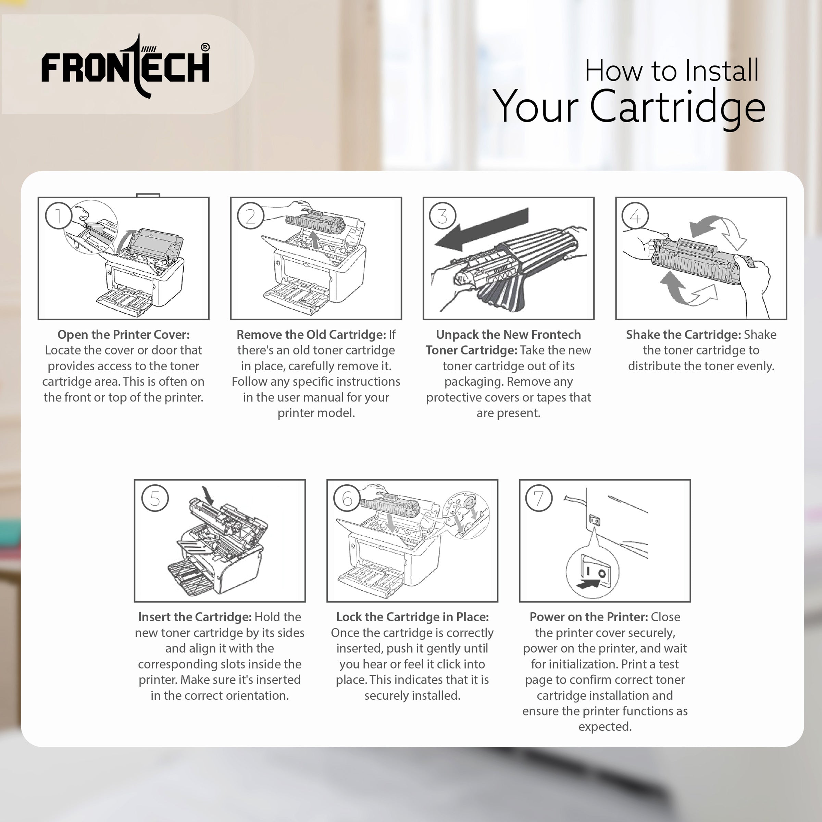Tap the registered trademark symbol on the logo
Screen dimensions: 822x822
click(205, 47)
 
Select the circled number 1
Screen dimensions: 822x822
click(58, 216)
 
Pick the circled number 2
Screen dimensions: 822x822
click(251, 216)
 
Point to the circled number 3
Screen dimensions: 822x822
click(443, 216)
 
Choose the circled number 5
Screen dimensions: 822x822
click(155, 498)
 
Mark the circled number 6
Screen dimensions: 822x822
click(347, 498)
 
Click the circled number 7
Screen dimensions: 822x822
click(539, 498)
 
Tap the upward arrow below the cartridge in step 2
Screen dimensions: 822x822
click(314, 240)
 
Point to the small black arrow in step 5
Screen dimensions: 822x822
click(208, 496)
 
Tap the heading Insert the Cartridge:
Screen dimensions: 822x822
click(195, 617)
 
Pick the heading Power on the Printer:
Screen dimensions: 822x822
click(588, 617)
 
